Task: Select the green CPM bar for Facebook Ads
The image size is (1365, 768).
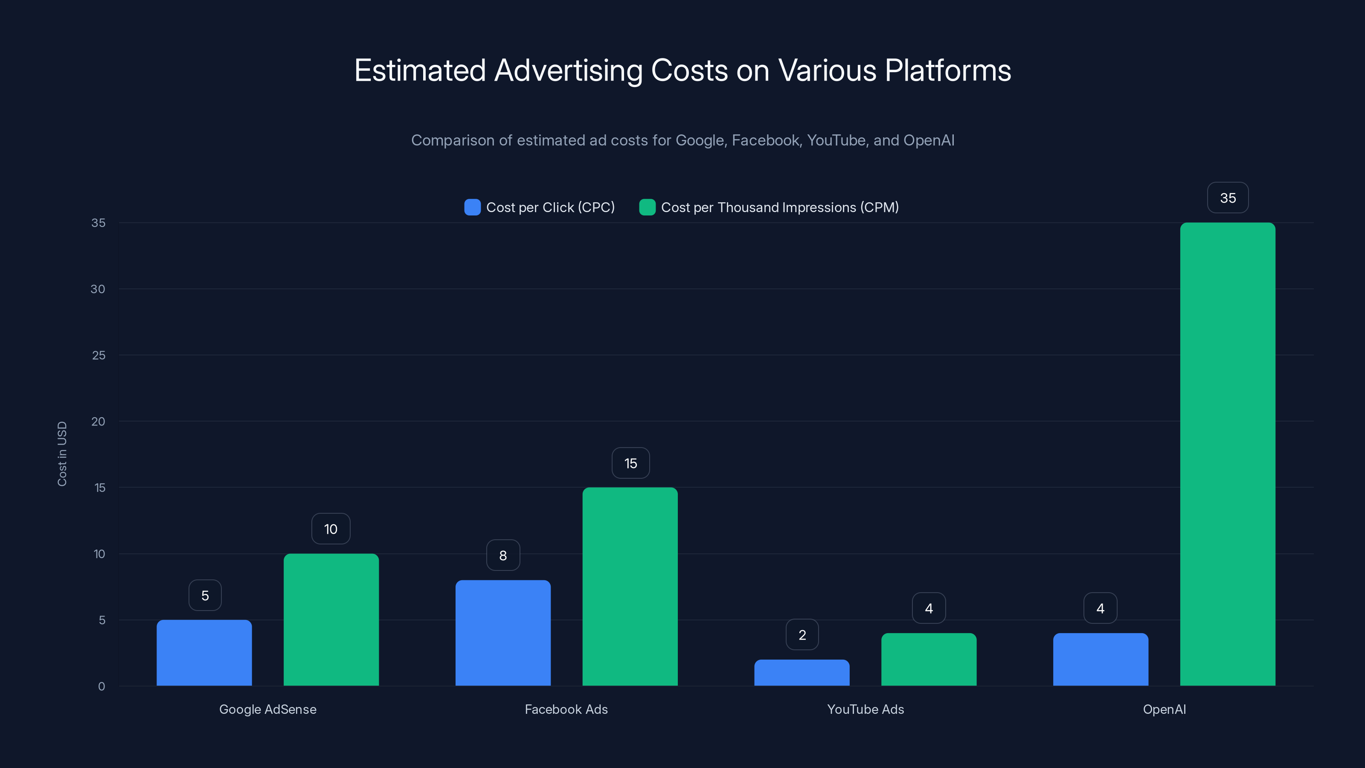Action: point(630,586)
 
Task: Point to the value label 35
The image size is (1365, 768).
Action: point(1227,198)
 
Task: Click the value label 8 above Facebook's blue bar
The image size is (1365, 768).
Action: point(503,556)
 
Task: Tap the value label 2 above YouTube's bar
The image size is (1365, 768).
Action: point(802,635)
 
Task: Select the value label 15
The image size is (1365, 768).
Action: point(630,463)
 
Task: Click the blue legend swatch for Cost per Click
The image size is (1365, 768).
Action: point(472,207)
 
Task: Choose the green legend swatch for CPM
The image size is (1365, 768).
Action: point(647,207)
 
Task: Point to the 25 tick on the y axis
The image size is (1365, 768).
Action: point(99,355)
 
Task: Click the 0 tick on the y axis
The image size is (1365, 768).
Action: point(101,687)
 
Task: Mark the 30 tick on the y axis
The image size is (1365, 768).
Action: point(98,289)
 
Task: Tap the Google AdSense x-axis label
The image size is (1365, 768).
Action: point(267,709)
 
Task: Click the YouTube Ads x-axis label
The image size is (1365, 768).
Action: point(865,709)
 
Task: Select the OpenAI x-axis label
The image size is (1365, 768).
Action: point(1164,709)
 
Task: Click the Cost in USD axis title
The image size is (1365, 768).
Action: point(62,454)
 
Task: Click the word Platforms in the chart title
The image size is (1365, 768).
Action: point(947,70)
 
